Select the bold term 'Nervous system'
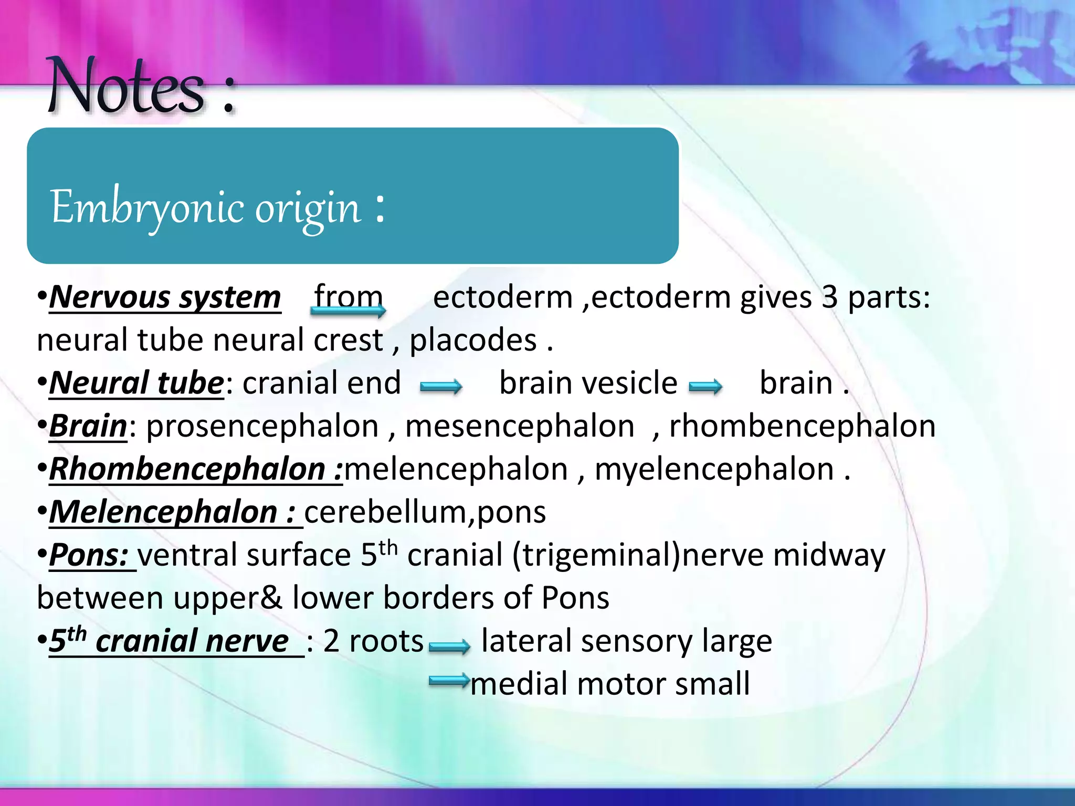pos(165,298)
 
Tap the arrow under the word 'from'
pos(348,311)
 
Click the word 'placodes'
pos(473,341)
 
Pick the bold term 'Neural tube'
pos(136,383)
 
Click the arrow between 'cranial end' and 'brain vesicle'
pos(441,387)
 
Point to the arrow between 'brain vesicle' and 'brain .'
pos(705,387)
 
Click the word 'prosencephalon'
pos(262,426)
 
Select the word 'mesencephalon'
pos(520,426)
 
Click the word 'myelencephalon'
pos(714,469)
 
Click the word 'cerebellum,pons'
pos(425,512)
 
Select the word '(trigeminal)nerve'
pos(638,555)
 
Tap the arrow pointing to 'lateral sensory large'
pos(449,646)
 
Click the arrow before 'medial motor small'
pos(449,681)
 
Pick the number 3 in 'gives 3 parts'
pos(829,298)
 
